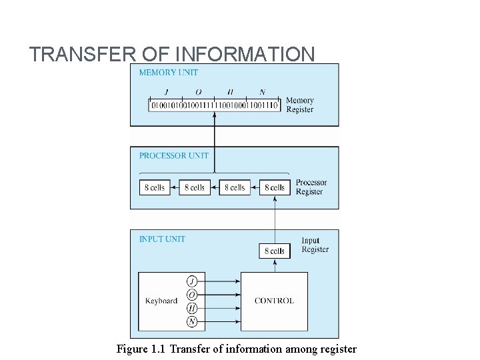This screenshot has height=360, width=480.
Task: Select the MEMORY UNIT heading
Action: pyautogui.click(x=168, y=72)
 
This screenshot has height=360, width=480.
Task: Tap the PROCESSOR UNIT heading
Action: pyautogui.click(x=173, y=155)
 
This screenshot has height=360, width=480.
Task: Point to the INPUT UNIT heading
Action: pyautogui.click(x=162, y=239)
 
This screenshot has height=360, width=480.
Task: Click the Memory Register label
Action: pyautogui.click(x=299, y=105)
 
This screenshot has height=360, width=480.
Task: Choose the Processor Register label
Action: pyautogui.click(x=311, y=187)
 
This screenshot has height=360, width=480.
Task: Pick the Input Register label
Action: pyautogui.click(x=315, y=245)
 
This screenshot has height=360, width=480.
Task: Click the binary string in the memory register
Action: pyautogui.click(x=215, y=105)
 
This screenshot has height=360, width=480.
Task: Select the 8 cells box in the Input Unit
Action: pyautogui.click(x=275, y=251)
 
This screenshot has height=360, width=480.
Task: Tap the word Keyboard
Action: pyautogui.click(x=161, y=301)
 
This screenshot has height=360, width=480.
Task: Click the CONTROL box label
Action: pyautogui.click(x=274, y=301)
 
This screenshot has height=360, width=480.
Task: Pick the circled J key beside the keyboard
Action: pyautogui.click(x=192, y=281)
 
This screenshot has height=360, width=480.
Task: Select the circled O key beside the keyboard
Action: pyautogui.click(x=192, y=294)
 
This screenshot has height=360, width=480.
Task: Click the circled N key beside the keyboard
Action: pyautogui.click(x=192, y=322)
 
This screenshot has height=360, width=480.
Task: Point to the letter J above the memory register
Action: pyautogui.click(x=165, y=92)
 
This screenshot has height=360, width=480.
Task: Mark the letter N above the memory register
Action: pyautogui.click(x=262, y=92)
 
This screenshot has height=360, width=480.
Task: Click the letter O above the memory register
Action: pyautogui.click(x=198, y=92)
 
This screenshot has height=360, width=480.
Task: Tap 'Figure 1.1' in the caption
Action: pyautogui.click(x=138, y=349)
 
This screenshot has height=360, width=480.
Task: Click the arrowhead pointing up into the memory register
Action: pyautogui.click(x=214, y=115)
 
